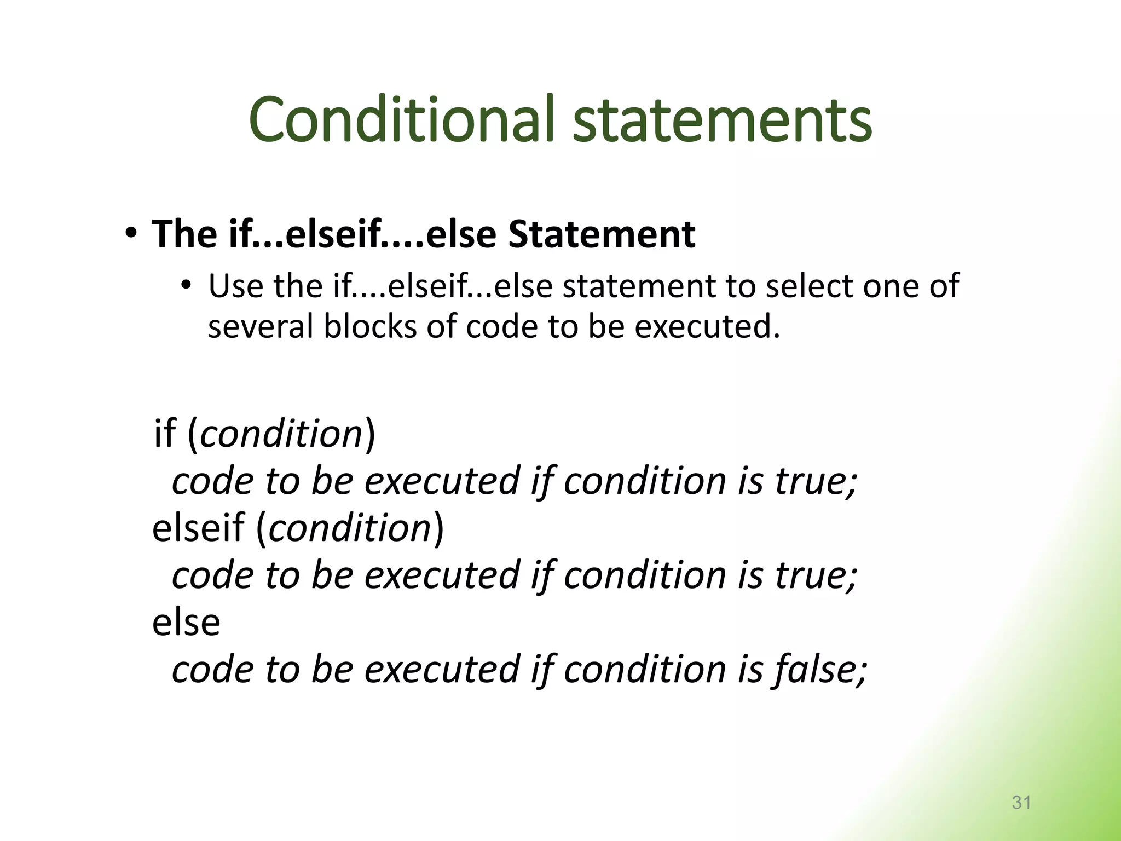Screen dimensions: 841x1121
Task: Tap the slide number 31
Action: (1021, 802)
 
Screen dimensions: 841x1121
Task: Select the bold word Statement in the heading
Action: (602, 234)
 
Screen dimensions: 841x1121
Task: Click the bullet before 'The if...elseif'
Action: (130, 234)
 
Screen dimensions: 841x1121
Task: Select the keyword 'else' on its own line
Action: (186, 623)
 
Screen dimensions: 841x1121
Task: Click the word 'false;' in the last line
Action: (819, 670)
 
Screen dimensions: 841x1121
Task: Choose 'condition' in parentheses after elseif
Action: (350, 528)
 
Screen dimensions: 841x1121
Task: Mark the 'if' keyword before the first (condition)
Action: (164, 434)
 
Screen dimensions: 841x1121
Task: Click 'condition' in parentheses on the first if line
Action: (281, 434)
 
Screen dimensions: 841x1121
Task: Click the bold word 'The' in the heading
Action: (184, 234)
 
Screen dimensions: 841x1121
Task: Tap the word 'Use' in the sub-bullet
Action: (235, 286)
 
